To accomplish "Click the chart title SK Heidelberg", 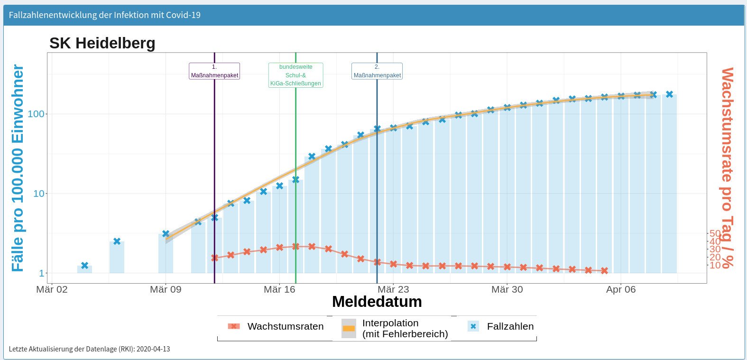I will [x=102, y=43].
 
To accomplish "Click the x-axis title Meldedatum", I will [x=377, y=302].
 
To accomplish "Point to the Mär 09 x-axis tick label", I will [x=166, y=289].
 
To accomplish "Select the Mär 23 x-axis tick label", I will [x=393, y=289].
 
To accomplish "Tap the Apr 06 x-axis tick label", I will [x=621, y=289].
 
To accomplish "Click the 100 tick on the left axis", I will [x=36, y=114].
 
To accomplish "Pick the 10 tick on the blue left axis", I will [x=38, y=194].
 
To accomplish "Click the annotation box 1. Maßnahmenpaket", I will [x=214, y=71].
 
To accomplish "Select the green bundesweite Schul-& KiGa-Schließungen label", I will [x=295, y=75].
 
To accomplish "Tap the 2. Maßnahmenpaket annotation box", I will [x=377, y=71].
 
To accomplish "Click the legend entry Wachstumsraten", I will [x=285, y=326].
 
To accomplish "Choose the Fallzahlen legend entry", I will [x=510, y=326].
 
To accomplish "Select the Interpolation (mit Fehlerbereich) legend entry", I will [x=405, y=328].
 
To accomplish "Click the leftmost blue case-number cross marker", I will [x=85, y=266].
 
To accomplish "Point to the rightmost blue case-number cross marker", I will [x=669, y=94].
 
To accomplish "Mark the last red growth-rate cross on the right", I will [x=604, y=271].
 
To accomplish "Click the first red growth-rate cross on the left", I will [x=214, y=258].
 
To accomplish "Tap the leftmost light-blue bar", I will [x=85, y=269].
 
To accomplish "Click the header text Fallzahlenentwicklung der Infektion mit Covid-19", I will [x=105, y=15].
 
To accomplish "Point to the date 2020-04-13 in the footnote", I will [x=153, y=349].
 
